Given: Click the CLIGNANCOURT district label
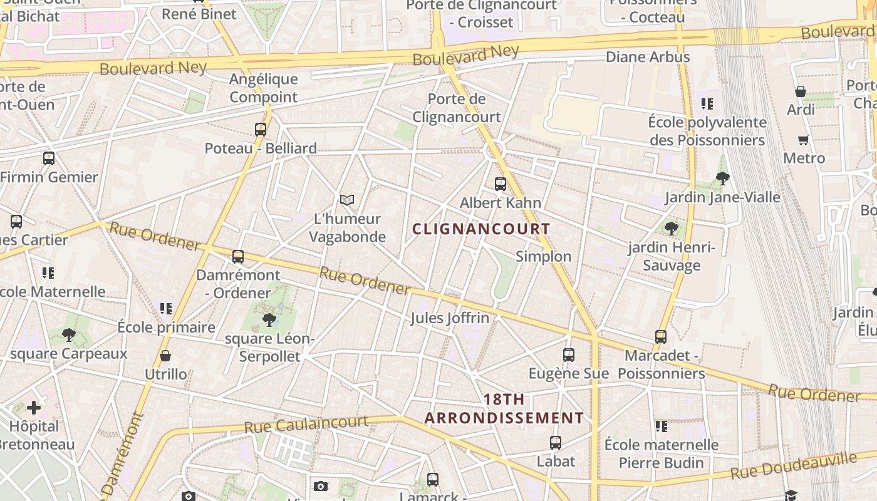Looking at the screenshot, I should point(481,229).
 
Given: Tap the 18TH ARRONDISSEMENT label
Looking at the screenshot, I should point(504,408).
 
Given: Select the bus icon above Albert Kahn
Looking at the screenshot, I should point(500,183).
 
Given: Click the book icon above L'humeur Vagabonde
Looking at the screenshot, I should point(346,200).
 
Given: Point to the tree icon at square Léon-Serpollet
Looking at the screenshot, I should point(269,320).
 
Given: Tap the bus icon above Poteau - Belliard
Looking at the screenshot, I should point(261,130).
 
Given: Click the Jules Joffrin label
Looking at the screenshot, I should point(449,318).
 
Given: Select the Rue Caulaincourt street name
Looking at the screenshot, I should point(306,425).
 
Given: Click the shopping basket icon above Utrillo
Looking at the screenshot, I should point(165,356).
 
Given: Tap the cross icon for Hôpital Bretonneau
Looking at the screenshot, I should point(34,408).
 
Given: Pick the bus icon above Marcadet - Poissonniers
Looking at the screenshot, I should point(661,336).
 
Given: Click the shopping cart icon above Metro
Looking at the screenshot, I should point(803,140).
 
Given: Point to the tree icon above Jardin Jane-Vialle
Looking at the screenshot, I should point(722,178).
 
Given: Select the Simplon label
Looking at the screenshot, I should point(543,256).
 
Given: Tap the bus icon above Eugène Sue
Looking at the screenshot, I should point(568,355).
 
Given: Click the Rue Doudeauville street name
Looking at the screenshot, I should point(792,465).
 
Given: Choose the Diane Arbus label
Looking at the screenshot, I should point(648,57).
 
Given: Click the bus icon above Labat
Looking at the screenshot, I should point(555,443).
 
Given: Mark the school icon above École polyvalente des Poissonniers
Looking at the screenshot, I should point(707,104).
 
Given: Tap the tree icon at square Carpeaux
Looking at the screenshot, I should point(69,335).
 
